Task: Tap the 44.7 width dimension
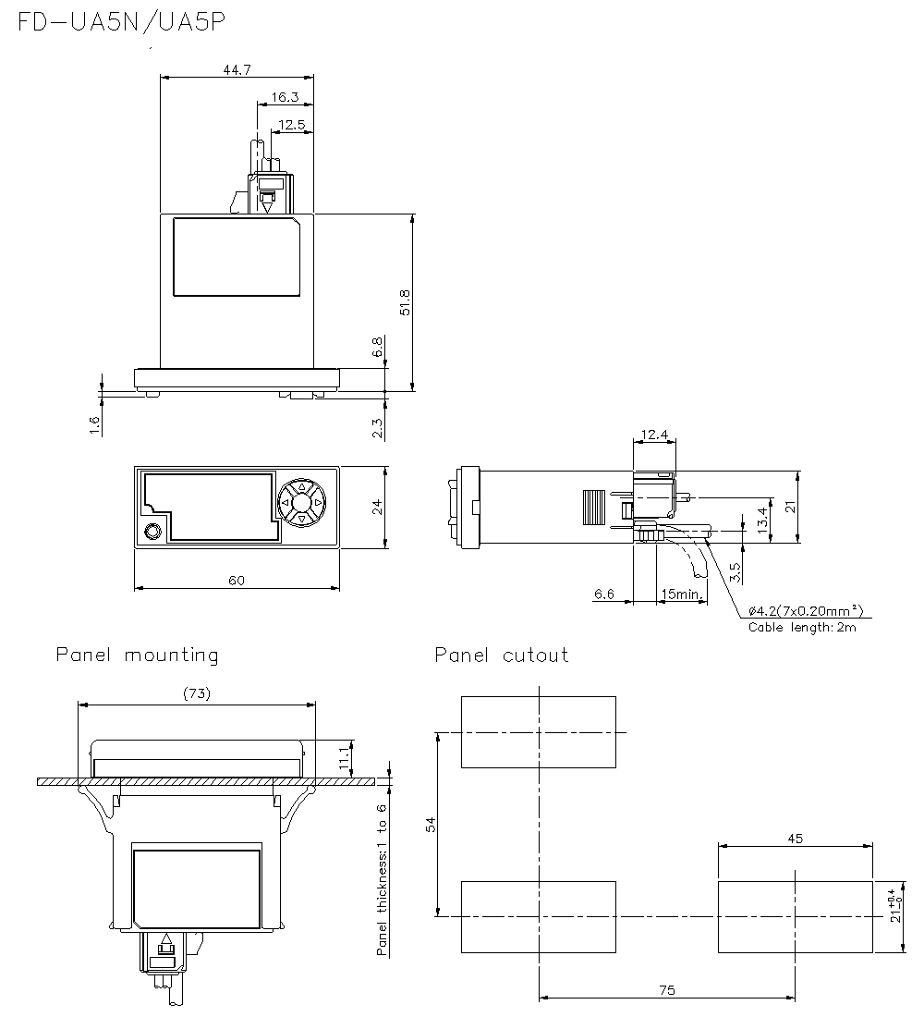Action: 237,70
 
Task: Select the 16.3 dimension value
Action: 286,96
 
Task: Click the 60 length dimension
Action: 237,581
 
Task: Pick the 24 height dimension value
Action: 376,507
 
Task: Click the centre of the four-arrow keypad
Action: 301,502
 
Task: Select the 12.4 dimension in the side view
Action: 654,435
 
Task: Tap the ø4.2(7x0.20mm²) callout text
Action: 806,610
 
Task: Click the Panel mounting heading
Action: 138,656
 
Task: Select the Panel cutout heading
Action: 502,656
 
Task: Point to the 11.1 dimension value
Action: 344,756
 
